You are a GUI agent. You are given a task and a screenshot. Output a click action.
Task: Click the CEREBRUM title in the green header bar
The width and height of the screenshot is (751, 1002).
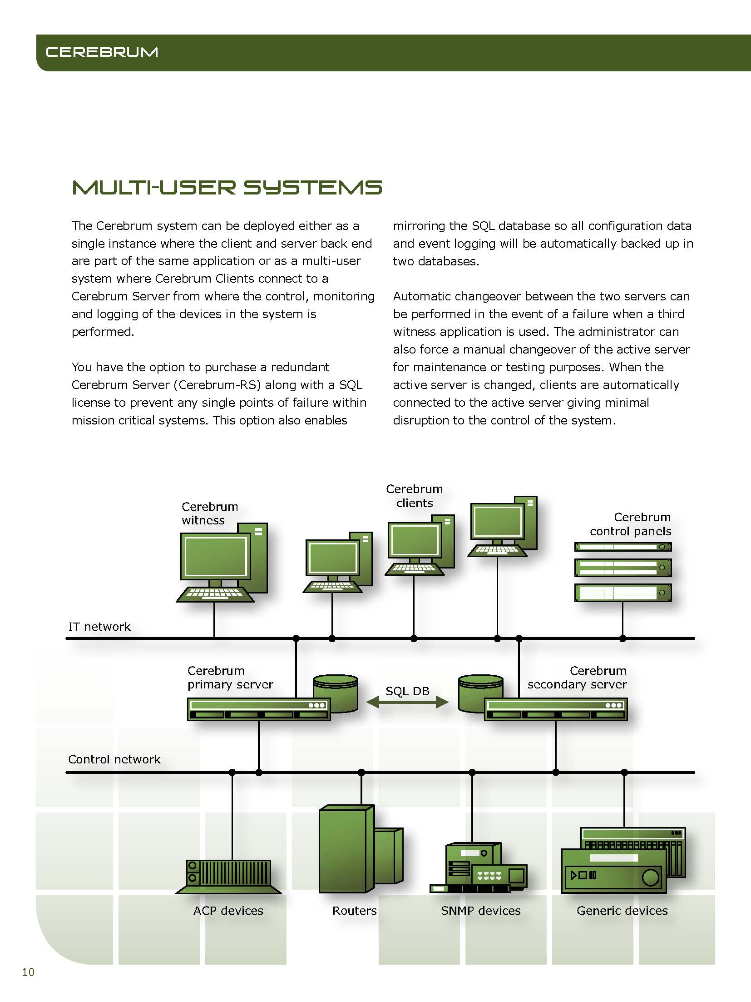point(102,52)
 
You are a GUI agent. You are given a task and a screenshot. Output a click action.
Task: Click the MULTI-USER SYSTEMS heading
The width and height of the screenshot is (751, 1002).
point(227,188)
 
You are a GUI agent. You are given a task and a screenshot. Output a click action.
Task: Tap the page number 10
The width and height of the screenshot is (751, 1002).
point(28,972)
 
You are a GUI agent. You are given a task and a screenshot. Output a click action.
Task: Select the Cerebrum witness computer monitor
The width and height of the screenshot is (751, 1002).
point(215,557)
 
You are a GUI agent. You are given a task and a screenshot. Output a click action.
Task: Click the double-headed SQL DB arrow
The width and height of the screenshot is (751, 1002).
point(407,703)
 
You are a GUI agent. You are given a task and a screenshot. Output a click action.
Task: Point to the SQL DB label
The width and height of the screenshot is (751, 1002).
point(407,691)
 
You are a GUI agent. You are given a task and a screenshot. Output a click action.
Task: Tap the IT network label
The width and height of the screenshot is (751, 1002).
point(99,627)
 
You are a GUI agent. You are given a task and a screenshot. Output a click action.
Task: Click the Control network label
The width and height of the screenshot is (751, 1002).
point(114,759)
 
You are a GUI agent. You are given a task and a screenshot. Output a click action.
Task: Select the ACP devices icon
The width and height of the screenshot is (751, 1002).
point(229,877)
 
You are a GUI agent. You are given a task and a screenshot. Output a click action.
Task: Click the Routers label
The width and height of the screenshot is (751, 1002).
point(355,911)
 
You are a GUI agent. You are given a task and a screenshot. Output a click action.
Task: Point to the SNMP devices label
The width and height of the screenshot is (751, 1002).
point(481,911)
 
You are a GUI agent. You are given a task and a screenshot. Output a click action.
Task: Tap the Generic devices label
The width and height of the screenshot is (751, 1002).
point(622,911)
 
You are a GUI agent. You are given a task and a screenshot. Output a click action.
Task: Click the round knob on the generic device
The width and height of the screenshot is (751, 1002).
point(651,877)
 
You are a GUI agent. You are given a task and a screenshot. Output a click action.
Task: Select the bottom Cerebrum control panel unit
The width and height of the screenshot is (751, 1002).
point(623,593)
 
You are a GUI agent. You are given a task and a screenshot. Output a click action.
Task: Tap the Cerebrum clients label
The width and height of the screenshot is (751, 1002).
point(414,496)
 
